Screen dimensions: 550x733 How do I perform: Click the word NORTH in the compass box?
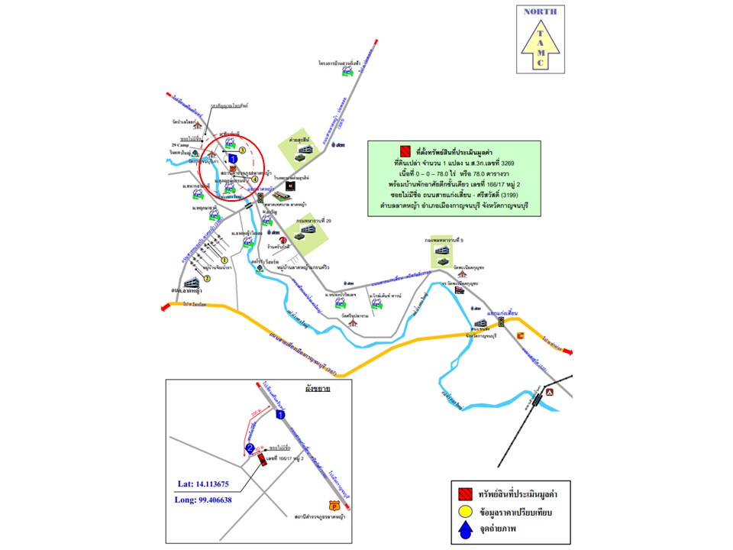(x=541, y=11)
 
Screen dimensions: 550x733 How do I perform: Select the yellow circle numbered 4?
(x=255, y=180)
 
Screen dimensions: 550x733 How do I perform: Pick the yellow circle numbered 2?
(x=205, y=278)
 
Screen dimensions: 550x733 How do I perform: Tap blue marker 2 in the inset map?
(x=250, y=448)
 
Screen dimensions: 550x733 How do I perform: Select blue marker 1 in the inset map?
(x=281, y=415)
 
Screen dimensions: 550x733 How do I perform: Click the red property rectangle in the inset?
(x=261, y=460)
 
